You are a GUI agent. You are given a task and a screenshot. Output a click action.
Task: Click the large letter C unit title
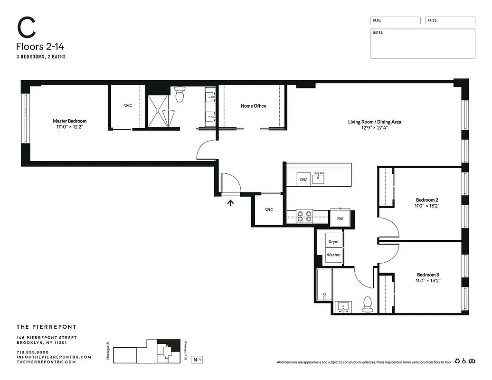[27, 29]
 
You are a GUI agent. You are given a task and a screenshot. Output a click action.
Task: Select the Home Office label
[253, 106]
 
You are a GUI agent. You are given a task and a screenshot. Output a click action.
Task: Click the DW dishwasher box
[303, 180]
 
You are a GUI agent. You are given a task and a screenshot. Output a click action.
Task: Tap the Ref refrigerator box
[340, 218]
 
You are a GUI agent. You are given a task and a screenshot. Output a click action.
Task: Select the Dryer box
[333, 241]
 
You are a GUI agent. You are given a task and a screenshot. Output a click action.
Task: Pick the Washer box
[333, 255]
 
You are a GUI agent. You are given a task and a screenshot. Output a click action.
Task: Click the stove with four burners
[304, 217]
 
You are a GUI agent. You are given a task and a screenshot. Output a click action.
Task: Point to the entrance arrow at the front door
[231, 203]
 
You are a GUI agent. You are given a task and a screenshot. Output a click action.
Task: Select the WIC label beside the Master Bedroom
[128, 106]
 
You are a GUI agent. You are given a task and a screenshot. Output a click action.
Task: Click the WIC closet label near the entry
[269, 209]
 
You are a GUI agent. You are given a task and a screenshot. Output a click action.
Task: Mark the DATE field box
[395, 20]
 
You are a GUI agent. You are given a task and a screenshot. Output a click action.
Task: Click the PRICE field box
[450, 20]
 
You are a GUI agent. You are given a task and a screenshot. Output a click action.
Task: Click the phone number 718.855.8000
[32, 352]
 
